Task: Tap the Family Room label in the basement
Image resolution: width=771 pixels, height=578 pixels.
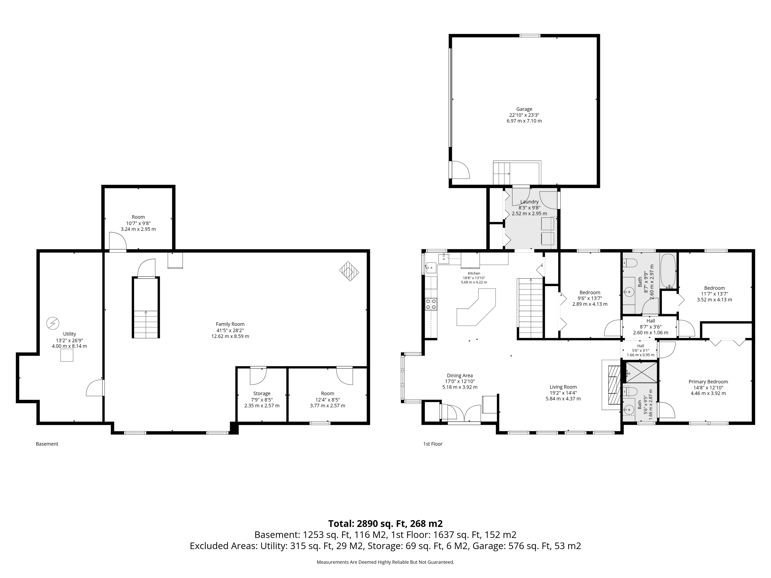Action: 230,324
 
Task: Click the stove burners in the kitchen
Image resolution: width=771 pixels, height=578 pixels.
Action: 431,304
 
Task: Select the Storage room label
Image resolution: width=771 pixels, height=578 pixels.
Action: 262,393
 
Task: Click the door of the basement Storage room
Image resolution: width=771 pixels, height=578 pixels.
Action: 258,375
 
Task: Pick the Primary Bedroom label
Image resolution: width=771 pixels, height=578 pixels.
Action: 708,382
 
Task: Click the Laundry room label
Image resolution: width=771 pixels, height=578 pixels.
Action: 529,202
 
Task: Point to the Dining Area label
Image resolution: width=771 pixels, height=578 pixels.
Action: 460,375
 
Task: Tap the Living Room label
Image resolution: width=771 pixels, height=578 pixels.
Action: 563,387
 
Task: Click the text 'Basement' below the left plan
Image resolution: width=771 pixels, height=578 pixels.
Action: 47,444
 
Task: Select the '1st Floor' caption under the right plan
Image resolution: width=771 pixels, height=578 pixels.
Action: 433,444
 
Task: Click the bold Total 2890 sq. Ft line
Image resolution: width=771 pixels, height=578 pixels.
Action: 385,524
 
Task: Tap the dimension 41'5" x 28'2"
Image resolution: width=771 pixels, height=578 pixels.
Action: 230,330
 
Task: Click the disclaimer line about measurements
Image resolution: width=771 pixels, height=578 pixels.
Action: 385,562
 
